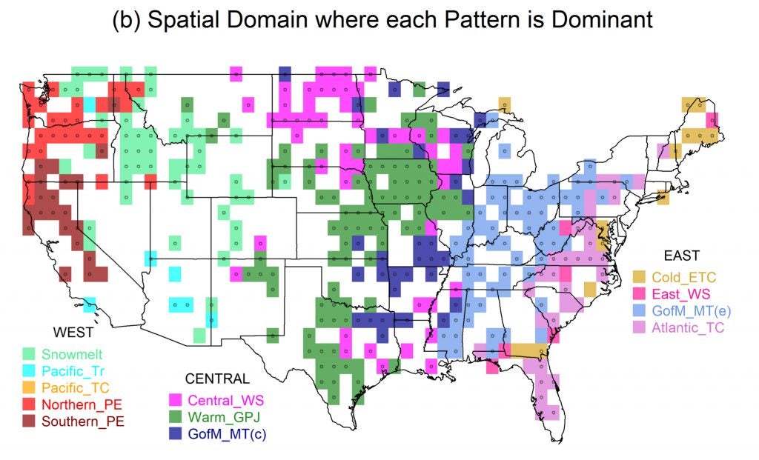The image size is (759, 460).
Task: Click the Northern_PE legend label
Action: (78, 404)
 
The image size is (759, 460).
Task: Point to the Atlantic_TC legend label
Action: (688, 327)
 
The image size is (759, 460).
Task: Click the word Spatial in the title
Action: (185, 20)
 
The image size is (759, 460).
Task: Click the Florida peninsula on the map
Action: (545, 393)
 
